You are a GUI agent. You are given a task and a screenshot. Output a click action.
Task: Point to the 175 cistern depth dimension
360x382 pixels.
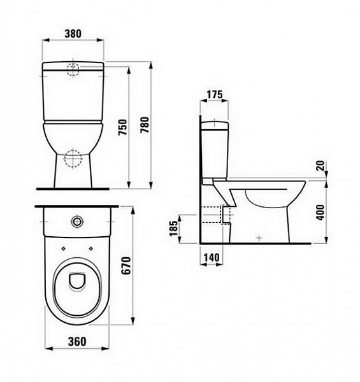(x=215, y=95)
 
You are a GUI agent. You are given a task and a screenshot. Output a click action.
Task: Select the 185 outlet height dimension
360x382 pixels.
(x=173, y=229)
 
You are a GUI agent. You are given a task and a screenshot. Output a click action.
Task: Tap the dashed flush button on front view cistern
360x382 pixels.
(x=74, y=69)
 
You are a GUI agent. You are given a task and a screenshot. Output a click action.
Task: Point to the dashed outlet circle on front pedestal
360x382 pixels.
(x=74, y=157)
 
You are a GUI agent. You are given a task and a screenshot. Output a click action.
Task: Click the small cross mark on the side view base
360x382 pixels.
(x=258, y=237)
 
